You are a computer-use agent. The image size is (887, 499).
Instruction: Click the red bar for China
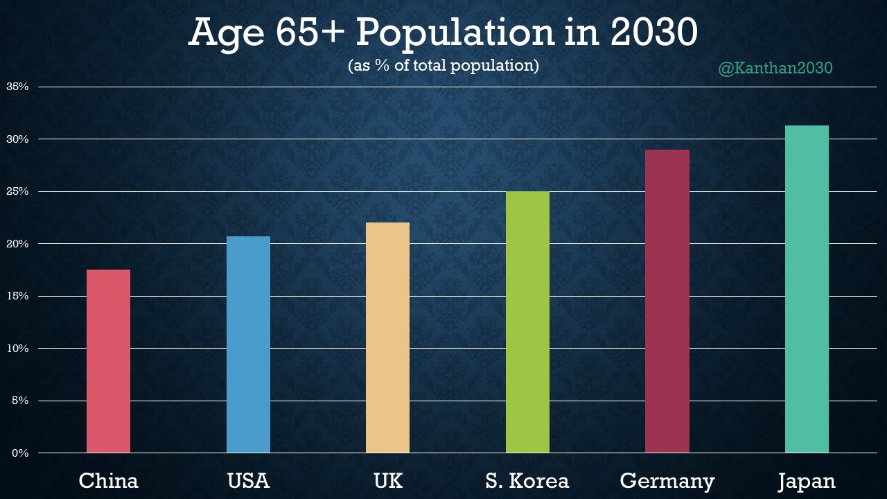[x=108, y=361]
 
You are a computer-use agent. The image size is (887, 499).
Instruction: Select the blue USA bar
[x=248, y=344]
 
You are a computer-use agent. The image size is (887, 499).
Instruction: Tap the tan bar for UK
[x=387, y=338]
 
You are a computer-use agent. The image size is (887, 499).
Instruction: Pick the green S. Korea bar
[x=527, y=322]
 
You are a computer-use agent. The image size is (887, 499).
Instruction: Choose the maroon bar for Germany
[x=667, y=301]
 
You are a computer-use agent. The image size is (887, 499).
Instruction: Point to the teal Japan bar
[x=807, y=289]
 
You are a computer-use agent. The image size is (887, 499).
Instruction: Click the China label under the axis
[x=108, y=481]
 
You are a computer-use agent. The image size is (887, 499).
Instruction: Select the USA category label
[x=248, y=481]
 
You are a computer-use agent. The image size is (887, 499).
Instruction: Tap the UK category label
[x=387, y=481]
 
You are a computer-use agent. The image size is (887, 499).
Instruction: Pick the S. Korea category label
[x=527, y=481]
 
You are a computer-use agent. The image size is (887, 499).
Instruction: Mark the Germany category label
[x=667, y=481]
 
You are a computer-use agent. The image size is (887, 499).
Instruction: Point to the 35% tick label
[x=17, y=87]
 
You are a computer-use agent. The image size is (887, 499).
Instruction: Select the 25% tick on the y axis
[x=17, y=192]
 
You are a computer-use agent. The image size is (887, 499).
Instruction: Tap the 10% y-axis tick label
[x=17, y=349]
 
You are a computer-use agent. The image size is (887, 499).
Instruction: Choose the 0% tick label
[x=20, y=453]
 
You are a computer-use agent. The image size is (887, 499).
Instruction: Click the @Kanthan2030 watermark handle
[x=775, y=69]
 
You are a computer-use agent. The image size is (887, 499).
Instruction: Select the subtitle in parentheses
[x=443, y=66]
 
